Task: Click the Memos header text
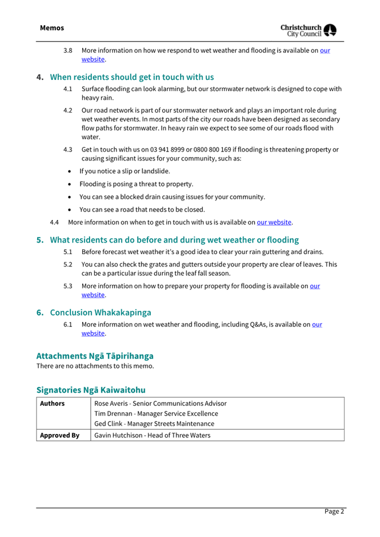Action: pyautogui.click(x=52, y=28)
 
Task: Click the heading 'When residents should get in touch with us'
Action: pyautogui.click(x=132, y=77)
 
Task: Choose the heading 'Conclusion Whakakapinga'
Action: pyautogui.click(x=100, y=312)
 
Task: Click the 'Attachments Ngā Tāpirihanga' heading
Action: pyautogui.click(x=95, y=356)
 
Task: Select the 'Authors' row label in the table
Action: pyautogui.click(x=52, y=404)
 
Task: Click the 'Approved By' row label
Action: pyautogui.click(x=59, y=435)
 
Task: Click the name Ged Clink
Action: pyautogui.click(x=110, y=424)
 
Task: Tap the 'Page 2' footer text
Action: pyautogui.click(x=334, y=512)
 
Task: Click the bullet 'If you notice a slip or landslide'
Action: pyautogui.click(x=124, y=171)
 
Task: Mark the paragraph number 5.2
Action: pyautogui.click(x=68, y=264)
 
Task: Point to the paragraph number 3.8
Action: pyautogui.click(x=68, y=51)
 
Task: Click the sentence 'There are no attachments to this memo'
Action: pyautogui.click(x=95, y=366)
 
